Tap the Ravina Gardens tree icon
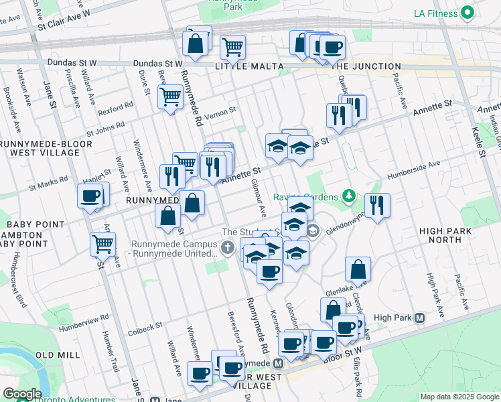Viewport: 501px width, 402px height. pyautogui.click(x=348, y=196)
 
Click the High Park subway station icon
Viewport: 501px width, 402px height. pyautogui.click(x=420, y=318)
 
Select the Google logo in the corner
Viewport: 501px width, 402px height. pyautogui.click(x=21, y=394)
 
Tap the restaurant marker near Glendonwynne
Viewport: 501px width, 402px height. pyautogui.click(x=377, y=206)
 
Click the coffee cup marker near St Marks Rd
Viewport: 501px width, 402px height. pyautogui.click(x=90, y=196)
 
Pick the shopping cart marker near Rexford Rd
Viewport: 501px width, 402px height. pyautogui.click(x=170, y=97)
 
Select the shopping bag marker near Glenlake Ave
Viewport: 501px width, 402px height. pyautogui.click(x=358, y=269)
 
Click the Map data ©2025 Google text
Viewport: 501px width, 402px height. pyautogui.click(x=459, y=397)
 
